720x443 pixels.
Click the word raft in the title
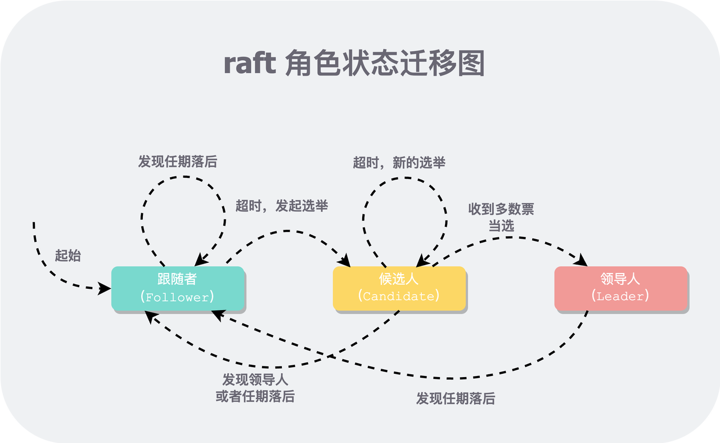click(250, 64)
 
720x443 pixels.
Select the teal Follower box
click(178, 288)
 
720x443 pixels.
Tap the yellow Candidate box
click(399, 288)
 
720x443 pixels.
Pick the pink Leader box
click(621, 288)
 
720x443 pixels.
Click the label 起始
click(67, 256)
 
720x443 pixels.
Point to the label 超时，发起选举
click(281, 206)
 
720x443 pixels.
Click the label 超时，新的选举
click(399, 163)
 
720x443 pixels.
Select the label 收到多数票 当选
click(501, 217)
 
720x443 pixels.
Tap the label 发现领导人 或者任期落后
click(255, 388)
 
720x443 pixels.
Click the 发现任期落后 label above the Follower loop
click(178, 162)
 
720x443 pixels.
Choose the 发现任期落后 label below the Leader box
click(456, 399)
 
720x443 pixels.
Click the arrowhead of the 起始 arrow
click(105, 289)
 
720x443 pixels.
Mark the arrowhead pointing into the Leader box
click(582, 262)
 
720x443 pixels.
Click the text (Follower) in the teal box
click(178, 297)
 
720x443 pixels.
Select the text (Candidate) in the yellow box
click(399, 296)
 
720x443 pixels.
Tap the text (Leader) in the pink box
click(621, 296)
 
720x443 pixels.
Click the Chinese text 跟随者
click(178, 280)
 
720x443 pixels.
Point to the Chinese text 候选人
click(399, 279)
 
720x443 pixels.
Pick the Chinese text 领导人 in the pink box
click(621, 279)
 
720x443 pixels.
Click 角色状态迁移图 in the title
click(385, 64)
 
